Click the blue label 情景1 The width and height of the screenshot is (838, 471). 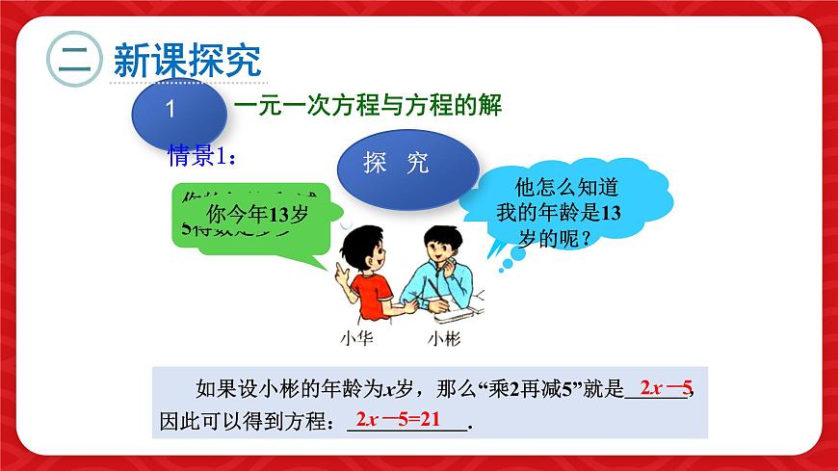coord(202,154)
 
